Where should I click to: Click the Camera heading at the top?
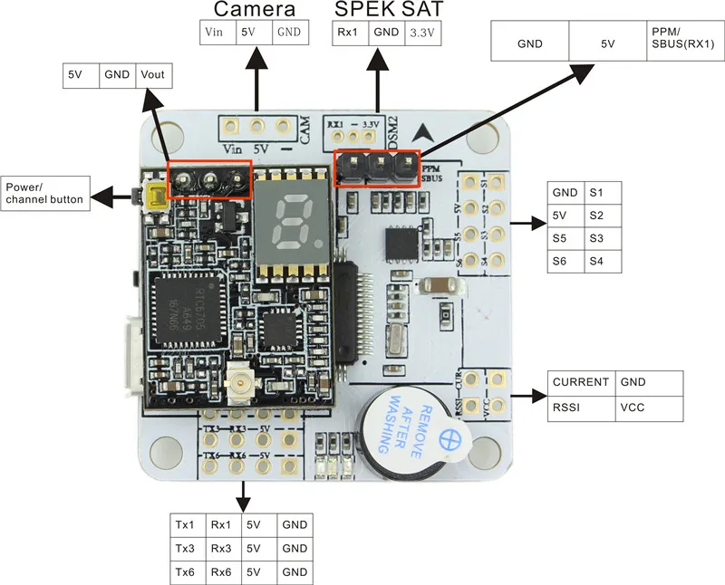coord(255,10)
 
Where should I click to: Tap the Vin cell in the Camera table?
coord(216,32)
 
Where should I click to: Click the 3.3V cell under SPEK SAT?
coord(420,33)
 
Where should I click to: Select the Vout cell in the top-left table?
coord(153,75)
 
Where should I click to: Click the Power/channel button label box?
coord(45,193)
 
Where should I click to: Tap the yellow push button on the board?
coord(154,193)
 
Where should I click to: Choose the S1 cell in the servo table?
coord(602,192)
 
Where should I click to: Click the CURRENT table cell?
coord(581,382)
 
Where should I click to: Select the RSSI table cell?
coord(581,408)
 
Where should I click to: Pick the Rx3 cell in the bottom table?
coord(224,549)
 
